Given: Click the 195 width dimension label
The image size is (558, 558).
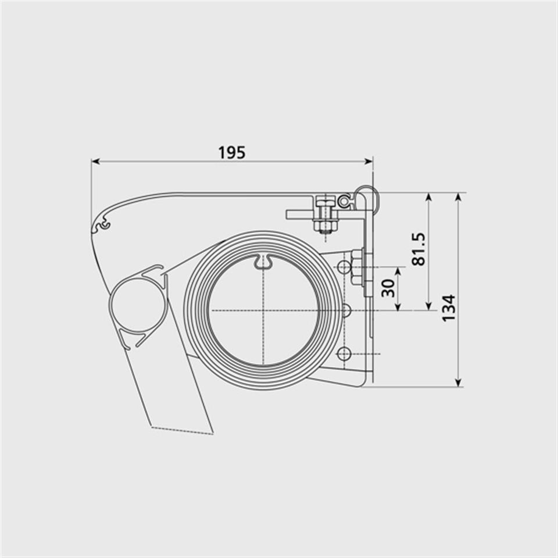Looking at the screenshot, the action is pyautogui.click(x=232, y=152).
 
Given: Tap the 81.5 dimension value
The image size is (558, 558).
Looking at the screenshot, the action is pyautogui.click(x=419, y=249).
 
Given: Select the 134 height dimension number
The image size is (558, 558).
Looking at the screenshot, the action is pyautogui.click(x=449, y=308).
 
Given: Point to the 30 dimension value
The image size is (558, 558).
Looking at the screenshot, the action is pyautogui.click(x=388, y=288).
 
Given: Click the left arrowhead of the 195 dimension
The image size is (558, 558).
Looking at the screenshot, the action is pyautogui.click(x=95, y=161).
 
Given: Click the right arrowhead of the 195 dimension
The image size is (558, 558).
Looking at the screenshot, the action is pyautogui.click(x=369, y=161).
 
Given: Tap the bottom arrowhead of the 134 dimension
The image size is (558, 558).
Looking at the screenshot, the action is pyautogui.click(x=459, y=382).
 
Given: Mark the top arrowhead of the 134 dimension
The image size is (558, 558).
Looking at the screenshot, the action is pyautogui.click(x=459, y=197).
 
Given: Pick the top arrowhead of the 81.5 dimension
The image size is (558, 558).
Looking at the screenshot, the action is pyautogui.click(x=429, y=197).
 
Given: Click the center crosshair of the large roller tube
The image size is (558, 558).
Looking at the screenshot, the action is pyautogui.click(x=263, y=310).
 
